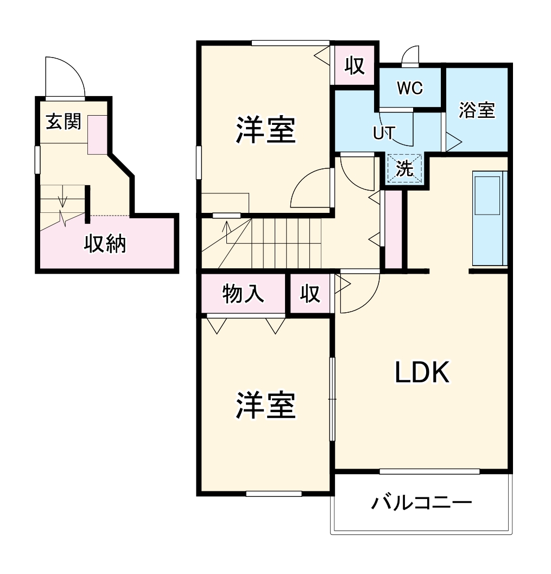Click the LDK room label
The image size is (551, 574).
(x=422, y=373)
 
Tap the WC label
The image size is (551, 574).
(x=410, y=88)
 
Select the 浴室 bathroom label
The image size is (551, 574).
(x=477, y=110)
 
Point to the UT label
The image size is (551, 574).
(x=384, y=133)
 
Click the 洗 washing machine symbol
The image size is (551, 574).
(x=404, y=169)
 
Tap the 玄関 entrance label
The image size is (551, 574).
(x=63, y=122)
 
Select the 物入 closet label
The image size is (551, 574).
(x=243, y=294)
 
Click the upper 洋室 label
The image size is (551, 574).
(x=265, y=131)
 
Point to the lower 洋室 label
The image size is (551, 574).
(x=265, y=406)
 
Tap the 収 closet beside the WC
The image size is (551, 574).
(x=354, y=66)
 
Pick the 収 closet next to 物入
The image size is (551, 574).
(x=311, y=294)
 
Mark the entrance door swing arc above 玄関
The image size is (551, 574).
(x=64, y=76)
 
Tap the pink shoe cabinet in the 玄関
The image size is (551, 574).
(x=98, y=135)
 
